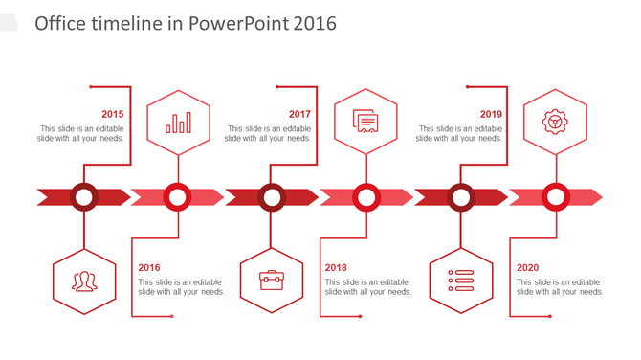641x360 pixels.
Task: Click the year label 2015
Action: [x=112, y=114]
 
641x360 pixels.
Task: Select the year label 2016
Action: [x=149, y=268]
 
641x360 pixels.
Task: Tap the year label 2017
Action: [x=299, y=114]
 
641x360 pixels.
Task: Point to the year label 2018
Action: [x=336, y=268]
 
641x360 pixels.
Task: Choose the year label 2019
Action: [x=491, y=114]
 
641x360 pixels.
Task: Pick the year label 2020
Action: [x=528, y=268]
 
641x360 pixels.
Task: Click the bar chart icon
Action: [x=178, y=123]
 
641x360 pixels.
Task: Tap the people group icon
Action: [x=84, y=281]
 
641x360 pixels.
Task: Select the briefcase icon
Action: [x=272, y=281]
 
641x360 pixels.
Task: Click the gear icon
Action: [x=554, y=122]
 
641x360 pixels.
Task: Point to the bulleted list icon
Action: [x=461, y=281]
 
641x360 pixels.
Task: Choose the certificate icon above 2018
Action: [x=365, y=122]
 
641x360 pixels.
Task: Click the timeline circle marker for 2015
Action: [x=84, y=197]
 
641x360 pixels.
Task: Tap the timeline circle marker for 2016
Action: [x=177, y=197]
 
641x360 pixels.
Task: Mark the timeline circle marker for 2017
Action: [x=272, y=197]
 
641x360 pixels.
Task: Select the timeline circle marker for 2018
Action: [x=365, y=197]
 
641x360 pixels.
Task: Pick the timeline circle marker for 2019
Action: [x=461, y=197]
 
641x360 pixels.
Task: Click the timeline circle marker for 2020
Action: [x=555, y=197]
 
